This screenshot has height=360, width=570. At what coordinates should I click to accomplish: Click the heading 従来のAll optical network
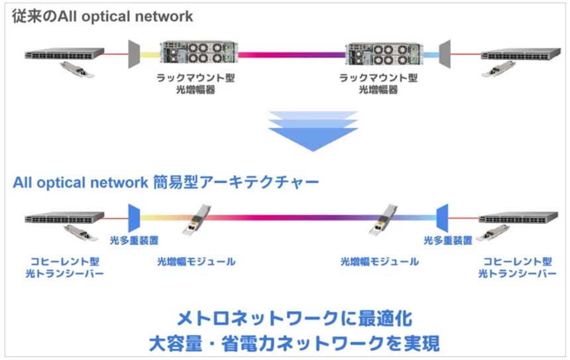[103, 17]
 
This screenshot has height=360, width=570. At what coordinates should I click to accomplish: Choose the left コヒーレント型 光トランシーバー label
[63, 267]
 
